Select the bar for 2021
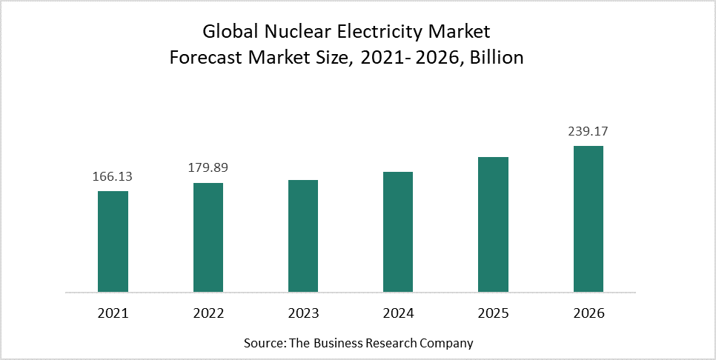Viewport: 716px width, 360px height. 113,241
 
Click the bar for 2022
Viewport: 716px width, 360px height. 208,237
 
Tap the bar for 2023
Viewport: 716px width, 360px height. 302,236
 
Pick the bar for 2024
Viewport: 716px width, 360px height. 397,232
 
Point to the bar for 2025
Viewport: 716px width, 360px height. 493,224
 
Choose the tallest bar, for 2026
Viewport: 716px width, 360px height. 588,219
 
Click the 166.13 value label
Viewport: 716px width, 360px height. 113,177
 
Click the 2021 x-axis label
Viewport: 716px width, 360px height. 113,313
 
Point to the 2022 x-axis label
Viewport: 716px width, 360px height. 208,313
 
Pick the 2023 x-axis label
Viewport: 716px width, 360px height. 302,313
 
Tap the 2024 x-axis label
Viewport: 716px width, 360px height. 397,313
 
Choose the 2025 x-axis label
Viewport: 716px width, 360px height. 493,313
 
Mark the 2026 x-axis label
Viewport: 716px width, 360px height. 588,313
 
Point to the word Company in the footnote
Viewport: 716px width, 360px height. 447,344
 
